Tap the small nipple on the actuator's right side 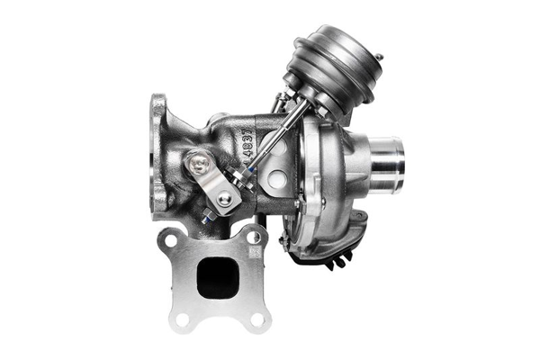[378, 58]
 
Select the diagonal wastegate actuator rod [270, 144]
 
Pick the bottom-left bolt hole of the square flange [183, 318]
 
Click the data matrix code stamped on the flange [255, 255]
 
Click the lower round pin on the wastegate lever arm [223, 199]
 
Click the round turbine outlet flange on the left [161, 157]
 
